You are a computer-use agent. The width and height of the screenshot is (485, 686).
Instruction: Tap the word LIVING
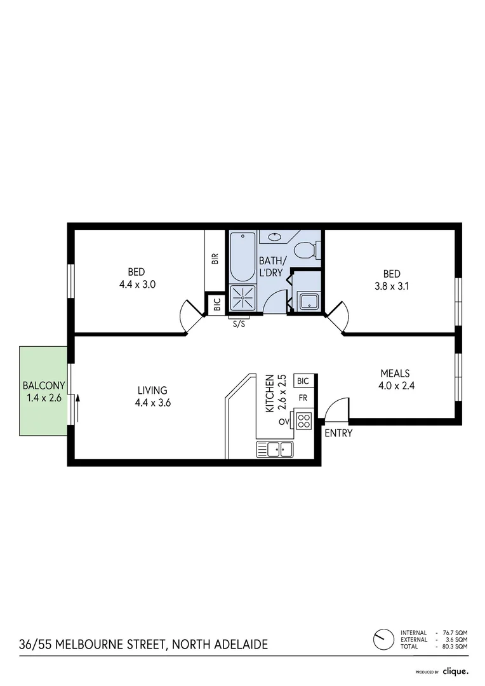click(x=152, y=390)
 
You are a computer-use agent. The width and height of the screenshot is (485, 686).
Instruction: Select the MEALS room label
click(x=395, y=373)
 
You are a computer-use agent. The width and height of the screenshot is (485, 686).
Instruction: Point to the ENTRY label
click(x=338, y=434)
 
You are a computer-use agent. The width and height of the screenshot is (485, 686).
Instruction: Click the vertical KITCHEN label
click(x=270, y=393)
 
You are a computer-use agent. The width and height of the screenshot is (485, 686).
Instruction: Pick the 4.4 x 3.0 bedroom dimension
click(x=137, y=285)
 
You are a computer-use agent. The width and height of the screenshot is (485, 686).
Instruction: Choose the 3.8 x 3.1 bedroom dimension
click(x=392, y=285)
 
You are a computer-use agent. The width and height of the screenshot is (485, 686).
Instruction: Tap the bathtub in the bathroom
click(x=242, y=257)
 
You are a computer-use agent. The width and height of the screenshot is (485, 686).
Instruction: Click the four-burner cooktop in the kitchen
click(x=304, y=420)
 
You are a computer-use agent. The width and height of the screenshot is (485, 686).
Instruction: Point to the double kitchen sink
click(x=275, y=450)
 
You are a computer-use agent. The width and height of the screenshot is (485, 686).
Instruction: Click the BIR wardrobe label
click(x=215, y=259)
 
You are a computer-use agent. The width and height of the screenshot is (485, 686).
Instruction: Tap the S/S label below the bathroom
click(x=239, y=323)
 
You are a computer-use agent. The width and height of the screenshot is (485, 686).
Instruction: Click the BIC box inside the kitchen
click(x=303, y=381)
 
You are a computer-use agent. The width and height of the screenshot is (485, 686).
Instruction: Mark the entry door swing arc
click(x=338, y=408)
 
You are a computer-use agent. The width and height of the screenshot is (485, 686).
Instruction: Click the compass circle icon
click(x=383, y=638)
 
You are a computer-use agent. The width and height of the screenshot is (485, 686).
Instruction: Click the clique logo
click(x=455, y=671)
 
